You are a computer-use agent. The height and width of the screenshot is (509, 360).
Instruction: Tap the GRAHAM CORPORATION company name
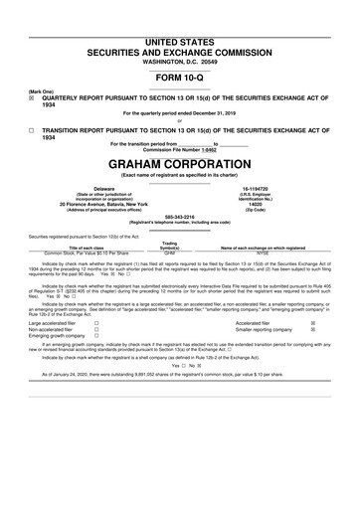point(180,163)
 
